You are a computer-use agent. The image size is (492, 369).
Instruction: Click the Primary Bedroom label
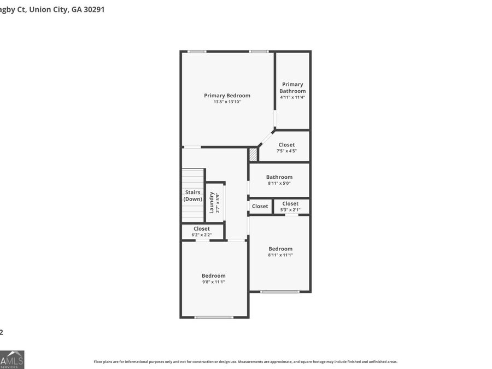pos(227,96)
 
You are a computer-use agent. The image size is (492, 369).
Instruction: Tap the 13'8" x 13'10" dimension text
pos(227,102)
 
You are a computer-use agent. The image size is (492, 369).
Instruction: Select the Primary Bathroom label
pos(292,87)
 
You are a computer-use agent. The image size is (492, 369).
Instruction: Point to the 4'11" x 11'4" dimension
pos(292,97)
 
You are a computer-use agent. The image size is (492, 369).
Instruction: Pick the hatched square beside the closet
pos(253,155)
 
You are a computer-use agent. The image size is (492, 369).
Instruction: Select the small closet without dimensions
pos(260,206)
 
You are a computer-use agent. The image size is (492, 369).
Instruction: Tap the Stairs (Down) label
pos(192,196)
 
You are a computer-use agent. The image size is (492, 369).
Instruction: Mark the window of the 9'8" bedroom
pos(214,317)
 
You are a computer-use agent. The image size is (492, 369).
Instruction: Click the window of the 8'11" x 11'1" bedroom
pos(279,292)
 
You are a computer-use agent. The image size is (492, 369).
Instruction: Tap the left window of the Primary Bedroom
pos(197,51)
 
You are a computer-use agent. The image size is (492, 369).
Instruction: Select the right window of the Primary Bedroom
pos(259,51)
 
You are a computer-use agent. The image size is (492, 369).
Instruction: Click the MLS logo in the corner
pos(11,359)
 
